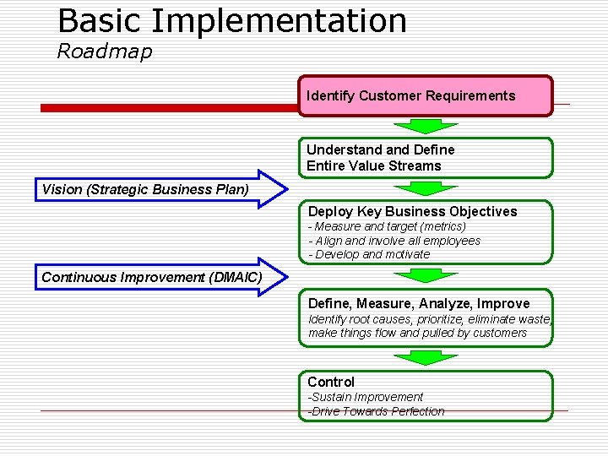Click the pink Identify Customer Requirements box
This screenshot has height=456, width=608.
(426, 95)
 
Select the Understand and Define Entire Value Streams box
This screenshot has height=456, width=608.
(426, 158)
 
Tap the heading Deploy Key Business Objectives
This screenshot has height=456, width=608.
(412, 211)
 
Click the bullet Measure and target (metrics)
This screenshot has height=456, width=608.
(388, 226)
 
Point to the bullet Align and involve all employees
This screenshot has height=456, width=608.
(394, 241)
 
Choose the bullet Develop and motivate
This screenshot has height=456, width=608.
(369, 254)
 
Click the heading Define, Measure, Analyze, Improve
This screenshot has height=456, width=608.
(419, 303)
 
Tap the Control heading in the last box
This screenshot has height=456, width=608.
(331, 382)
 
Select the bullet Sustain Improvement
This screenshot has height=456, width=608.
(366, 397)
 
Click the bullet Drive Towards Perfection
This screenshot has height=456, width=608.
(376, 411)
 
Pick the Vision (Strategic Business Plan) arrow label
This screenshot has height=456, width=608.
(145, 189)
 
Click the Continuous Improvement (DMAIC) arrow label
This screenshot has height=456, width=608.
(152, 277)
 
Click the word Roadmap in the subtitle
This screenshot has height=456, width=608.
(105, 52)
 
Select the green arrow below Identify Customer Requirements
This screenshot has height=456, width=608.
(426, 126)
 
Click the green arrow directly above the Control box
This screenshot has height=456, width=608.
(426, 357)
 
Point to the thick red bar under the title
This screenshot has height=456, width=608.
(169, 108)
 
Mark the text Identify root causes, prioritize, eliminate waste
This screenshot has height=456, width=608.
(430, 318)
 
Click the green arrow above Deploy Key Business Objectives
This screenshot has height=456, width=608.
(426, 188)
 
